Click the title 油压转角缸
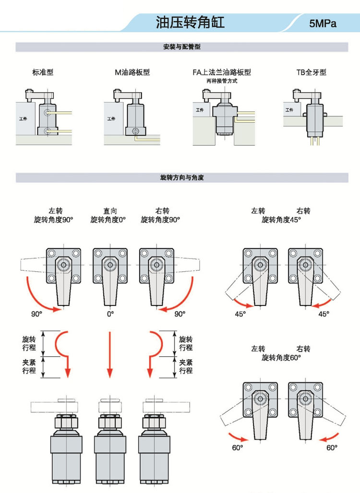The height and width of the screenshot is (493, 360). point(190,22)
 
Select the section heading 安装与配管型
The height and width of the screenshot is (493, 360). point(181,47)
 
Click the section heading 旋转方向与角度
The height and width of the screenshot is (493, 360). point(181,177)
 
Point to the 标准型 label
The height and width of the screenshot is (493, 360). point(43,72)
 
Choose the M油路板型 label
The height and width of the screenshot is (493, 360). point(132,72)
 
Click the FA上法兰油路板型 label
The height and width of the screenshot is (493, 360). point(222,72)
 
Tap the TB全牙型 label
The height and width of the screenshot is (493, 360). point(311,72)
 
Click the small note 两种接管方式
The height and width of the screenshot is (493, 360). point(222,81)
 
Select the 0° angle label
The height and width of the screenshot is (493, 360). point(110,314)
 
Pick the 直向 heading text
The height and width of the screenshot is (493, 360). point(110,211)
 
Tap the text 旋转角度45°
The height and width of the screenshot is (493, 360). point(281,220)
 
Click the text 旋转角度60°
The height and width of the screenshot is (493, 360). point(281,357)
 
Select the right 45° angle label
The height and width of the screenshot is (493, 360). point(324,314)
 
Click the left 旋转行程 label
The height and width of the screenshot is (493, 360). point(29,343)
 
